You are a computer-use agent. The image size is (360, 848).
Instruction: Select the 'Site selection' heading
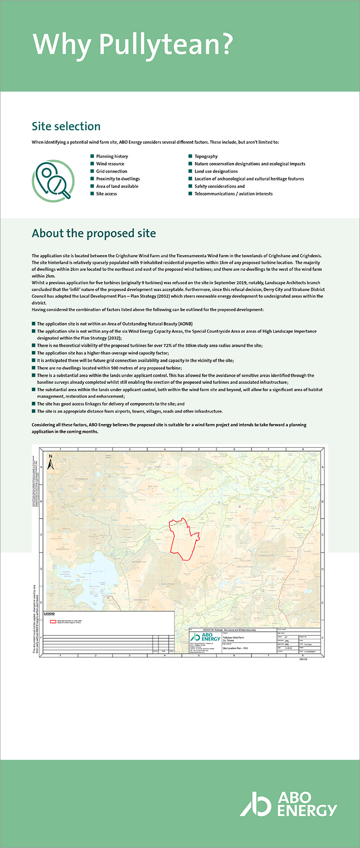(x=66, y=126)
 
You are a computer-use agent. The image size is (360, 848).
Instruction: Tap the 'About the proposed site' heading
(x=94, y=234)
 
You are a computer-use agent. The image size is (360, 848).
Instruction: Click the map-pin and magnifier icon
(x=53, y=181)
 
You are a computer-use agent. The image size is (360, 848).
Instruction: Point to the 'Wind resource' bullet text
(x=110, y=164)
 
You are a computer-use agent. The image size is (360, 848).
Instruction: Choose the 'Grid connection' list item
(x=111, y=171)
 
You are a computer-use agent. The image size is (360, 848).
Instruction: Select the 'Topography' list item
(x=206, y=156)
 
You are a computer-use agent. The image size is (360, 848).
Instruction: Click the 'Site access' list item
(x=106, y=194)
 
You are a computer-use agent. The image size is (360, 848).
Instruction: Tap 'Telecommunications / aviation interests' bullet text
(x=233, y=194)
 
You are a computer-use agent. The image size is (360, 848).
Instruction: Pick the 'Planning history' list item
(x=112, y=156)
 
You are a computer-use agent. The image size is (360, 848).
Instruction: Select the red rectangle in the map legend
(x=53, y=621)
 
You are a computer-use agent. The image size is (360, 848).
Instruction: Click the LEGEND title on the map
(x=49, y=614)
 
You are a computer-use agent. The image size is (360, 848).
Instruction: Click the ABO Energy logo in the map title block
(x=206, y=637)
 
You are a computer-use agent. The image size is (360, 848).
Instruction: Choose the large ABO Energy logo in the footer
(x=288, y=804)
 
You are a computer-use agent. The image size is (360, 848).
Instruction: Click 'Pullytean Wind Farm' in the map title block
(x=234, y=637)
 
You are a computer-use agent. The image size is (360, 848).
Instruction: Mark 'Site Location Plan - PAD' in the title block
(x=235, y=648)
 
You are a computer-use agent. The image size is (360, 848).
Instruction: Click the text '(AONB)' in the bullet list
(x=185, y=324)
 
